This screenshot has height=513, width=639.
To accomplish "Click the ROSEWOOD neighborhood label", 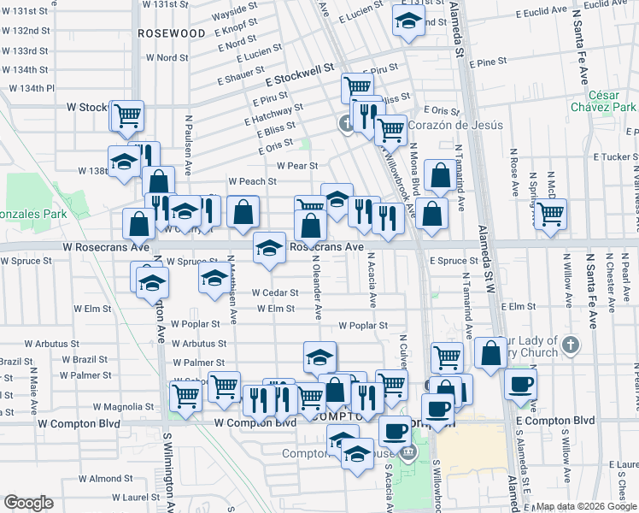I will (x=173, y=32).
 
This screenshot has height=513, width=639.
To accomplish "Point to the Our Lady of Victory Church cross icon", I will (x=572, y=345).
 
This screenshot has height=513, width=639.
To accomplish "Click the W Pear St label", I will (x=296, y=166).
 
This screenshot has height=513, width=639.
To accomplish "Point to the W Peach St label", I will (x=252, y=181).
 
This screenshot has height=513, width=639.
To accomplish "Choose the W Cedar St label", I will (x=275, y=292).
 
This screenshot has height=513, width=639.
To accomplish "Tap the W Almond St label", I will (x=116, y=478).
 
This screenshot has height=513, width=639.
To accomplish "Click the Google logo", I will (x=29, y=503).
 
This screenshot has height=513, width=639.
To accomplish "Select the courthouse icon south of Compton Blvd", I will (x=409, y=451).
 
